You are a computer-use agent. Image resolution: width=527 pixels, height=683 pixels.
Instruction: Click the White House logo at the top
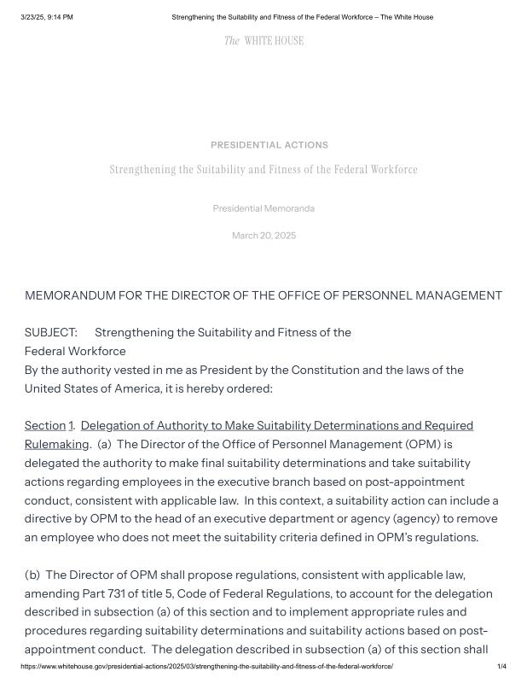tap(263, 41)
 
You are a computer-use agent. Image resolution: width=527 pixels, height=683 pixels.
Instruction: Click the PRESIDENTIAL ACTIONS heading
tap(269, 145)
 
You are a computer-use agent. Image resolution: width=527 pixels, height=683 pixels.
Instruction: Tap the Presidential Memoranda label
tap(263, 208)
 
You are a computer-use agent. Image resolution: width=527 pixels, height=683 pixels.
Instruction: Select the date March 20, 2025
tap(263, 236)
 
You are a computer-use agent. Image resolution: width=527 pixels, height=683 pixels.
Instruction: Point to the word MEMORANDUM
tap(77, 296)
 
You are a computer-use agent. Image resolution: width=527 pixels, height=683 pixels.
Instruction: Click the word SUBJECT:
tap(50, 332)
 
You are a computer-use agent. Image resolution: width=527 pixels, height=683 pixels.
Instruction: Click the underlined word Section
tap(44, 425)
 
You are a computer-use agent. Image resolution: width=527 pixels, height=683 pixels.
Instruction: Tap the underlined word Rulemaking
tap(56, 444)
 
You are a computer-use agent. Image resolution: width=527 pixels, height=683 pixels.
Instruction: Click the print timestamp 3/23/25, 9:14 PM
tap(47, 17)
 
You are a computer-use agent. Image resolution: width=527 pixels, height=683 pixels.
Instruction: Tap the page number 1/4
tap(501, 666)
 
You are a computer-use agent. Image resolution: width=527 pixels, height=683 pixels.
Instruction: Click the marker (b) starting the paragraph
tap(33, 575)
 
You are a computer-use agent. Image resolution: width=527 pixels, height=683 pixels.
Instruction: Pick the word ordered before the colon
tap(248, 388)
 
